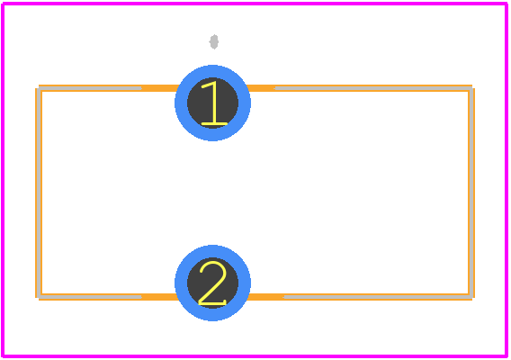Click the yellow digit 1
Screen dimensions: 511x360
(x=214, y=103)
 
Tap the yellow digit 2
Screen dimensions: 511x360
(x=212, y=283)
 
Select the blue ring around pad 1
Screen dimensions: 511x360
(x=179, y=103)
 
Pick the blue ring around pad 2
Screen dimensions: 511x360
(x=179, y=283)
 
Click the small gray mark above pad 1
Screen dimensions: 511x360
(x=214, y=41)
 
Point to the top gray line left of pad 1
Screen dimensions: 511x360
(x=90, y=88)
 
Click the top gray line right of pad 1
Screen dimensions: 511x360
(x=373, y=88)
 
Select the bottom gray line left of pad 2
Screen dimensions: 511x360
(x=90, y=297)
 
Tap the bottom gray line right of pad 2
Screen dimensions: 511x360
(x=378, y=297)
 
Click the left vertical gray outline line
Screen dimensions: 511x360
(x=39, y=193)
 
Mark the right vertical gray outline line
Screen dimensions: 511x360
(x=471, y=193)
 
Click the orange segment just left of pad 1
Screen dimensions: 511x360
(x=160, y=88)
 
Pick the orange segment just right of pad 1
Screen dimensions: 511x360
(x=261, y=88)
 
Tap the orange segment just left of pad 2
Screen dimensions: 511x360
(x=160, y=297)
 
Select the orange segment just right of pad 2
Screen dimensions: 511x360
(x=265, y=297)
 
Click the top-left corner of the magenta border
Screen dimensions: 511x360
(x=3, y=4)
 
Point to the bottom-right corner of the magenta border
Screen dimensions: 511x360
(x=507, y=356)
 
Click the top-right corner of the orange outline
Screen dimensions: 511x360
(x=473, y=86)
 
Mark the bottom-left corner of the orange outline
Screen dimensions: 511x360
(x=37, y=299)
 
